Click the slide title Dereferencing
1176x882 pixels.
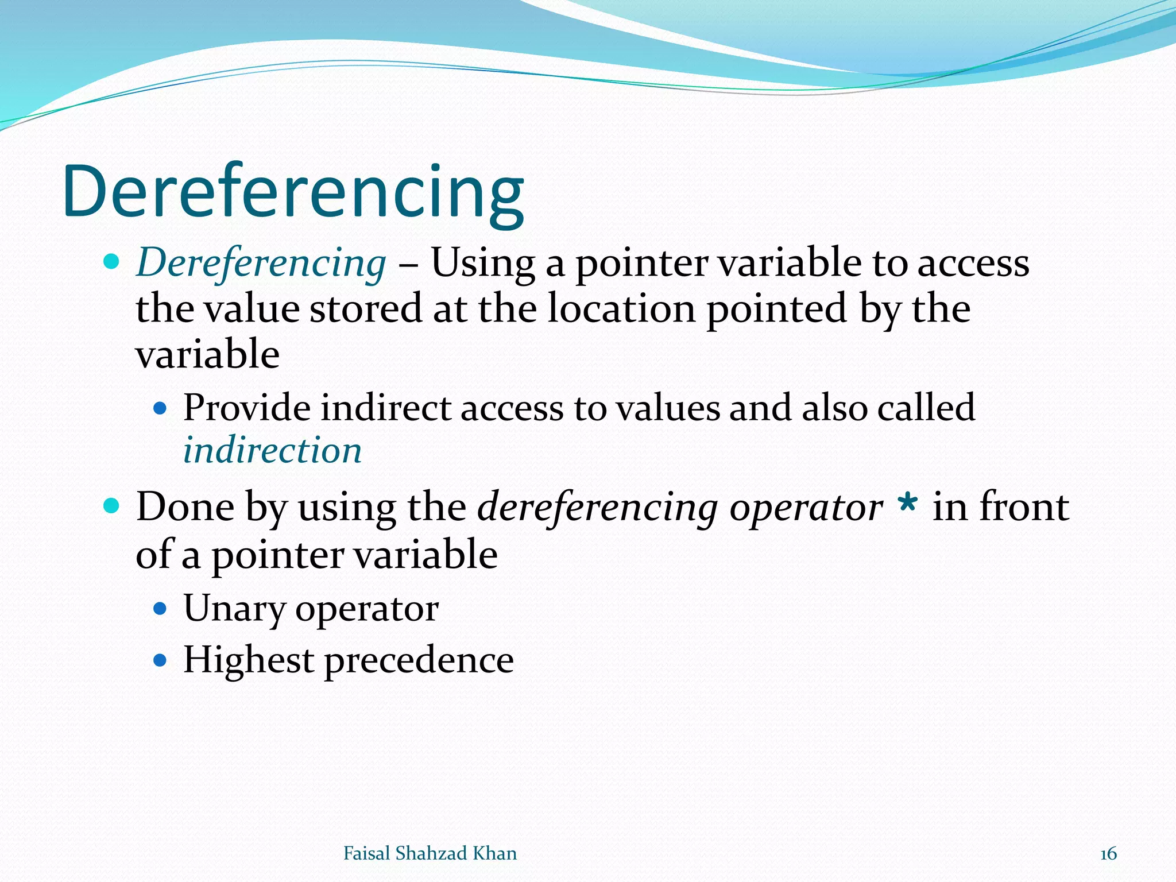coord(293,192)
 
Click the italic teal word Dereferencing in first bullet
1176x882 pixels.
coord(261,263)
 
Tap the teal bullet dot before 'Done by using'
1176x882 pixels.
coord(111,506)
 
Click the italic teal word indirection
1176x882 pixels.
coord(272,450)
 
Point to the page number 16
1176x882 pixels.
coord(1108,854)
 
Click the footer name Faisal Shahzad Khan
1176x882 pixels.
coord(430,853)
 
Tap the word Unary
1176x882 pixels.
coord(234,609)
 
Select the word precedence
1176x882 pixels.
coord(419,660)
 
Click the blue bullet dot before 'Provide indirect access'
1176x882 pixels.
coord(160,409)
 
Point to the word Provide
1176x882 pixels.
coord(247,409)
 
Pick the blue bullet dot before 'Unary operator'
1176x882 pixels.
coord(160,609)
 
